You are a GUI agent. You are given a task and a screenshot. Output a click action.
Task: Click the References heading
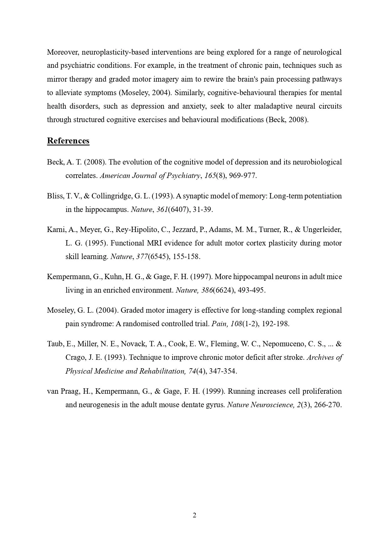click(68, 141)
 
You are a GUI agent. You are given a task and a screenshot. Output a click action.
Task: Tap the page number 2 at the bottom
click(194, 515)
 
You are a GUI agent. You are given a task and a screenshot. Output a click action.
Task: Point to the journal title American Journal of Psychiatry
click(150, 176)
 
